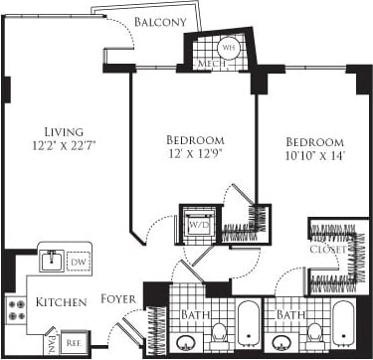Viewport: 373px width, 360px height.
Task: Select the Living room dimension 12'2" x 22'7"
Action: tap(68, 146)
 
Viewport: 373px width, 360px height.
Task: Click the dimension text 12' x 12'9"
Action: tap(196, 154)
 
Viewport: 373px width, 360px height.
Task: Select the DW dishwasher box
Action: tap(80, 262)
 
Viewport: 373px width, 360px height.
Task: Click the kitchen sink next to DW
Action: tap(52, 261)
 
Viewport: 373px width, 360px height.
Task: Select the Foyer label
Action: tap(119, 299)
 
